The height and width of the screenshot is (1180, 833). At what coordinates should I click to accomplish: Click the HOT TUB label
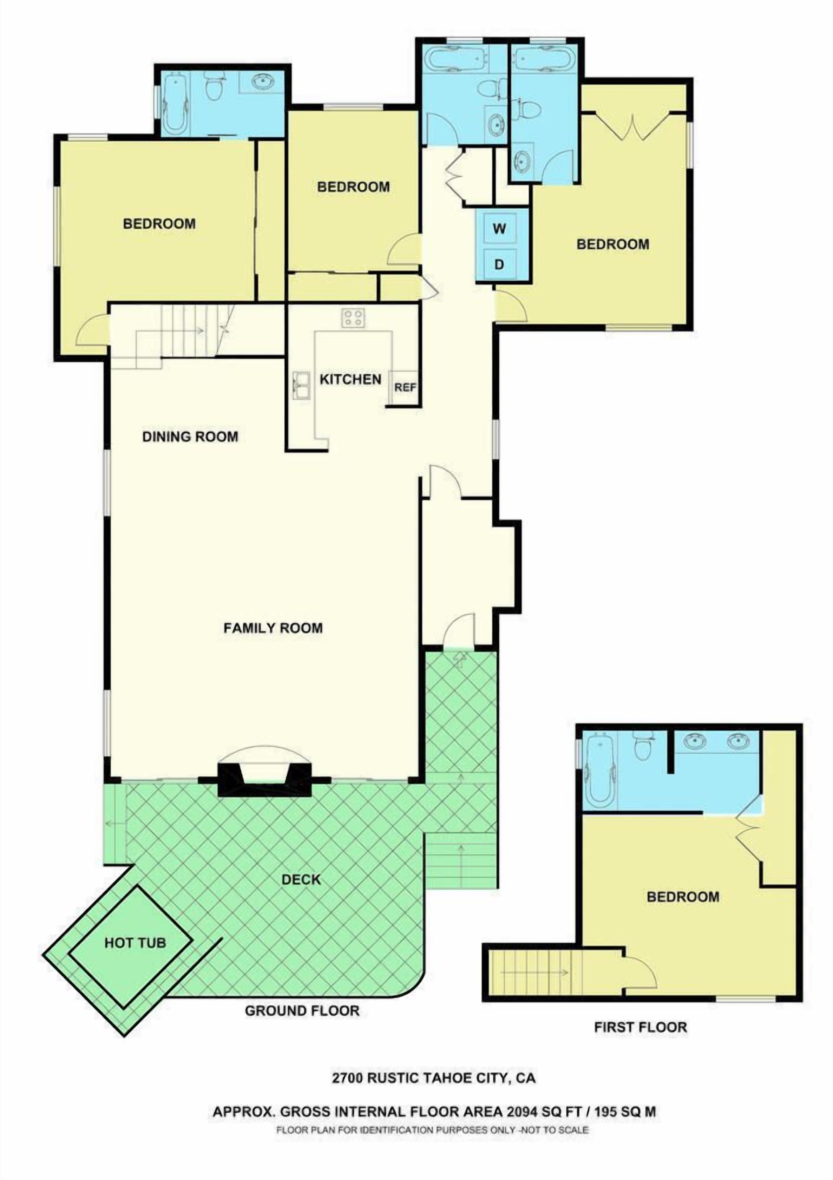tap(135, 943)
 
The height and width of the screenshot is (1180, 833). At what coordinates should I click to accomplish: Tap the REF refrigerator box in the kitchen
tap(405, 388)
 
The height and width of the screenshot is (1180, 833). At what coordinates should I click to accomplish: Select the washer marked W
tap(499, 229)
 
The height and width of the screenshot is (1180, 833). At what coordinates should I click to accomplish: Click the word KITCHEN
tap(350, 379)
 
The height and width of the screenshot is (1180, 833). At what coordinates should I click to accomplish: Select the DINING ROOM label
tap(190, 437)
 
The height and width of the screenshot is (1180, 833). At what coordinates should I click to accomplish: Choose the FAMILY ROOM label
tap(273, 628)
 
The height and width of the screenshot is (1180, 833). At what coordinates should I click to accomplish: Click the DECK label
tap(301, 879)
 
